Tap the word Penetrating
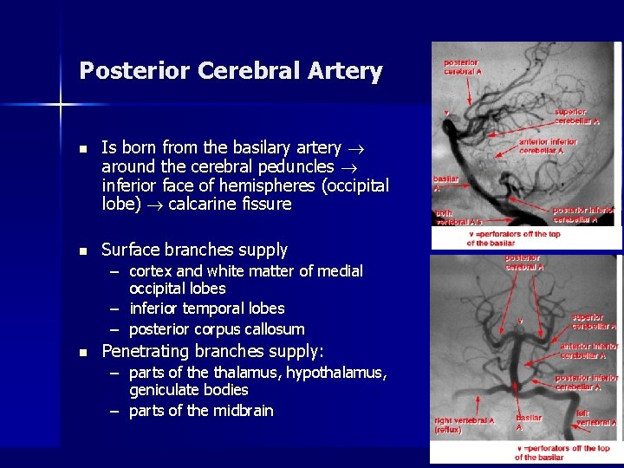(x=145, y=351)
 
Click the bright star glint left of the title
(x=60, y=106)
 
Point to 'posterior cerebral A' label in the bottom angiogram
(x=525, y=263)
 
